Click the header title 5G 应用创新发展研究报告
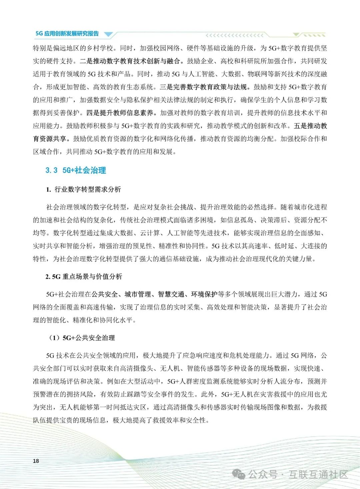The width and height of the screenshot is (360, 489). [67, 34]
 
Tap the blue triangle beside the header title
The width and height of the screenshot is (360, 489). [109, 34]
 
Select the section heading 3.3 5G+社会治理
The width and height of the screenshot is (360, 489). [76, 170]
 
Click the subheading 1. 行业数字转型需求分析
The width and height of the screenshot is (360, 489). [83, 189]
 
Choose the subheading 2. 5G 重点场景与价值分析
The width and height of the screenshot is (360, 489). [84, 277]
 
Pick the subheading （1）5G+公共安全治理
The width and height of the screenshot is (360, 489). [82, 338]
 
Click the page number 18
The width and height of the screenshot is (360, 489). [36, 461]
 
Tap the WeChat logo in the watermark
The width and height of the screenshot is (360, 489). [239, 474]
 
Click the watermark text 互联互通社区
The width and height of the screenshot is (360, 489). [318, 474]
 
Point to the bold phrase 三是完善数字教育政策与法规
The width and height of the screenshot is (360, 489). [203, 87]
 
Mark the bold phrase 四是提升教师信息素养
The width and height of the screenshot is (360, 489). [120, 113]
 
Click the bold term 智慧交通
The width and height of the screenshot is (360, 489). [171, 294]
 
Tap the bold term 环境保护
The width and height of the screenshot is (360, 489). [204, 294]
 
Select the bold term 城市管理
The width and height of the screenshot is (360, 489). [138, 294]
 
